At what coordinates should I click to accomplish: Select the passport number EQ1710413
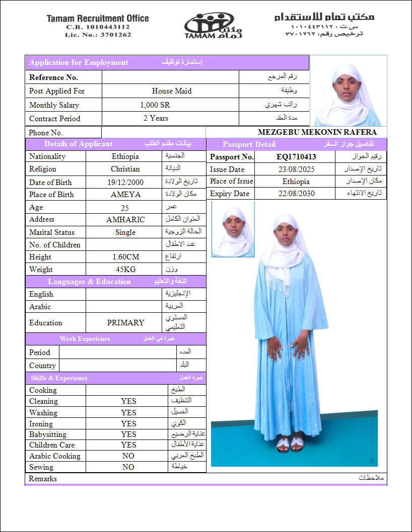tap(296, 157)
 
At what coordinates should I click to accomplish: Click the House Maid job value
tap(172, 91)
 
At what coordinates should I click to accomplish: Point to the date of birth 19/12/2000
tap(125, 183)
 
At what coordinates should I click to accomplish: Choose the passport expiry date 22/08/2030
tap(296, 194)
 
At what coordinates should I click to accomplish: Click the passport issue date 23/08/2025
tap(296, 169)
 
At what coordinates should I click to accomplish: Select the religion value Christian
tap(125, 169)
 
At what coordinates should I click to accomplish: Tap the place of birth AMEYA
tap(125, 195)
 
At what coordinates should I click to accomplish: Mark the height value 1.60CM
tap(125, 257)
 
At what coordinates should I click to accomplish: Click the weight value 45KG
tap(125, 270)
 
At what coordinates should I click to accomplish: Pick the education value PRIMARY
tap(125, 323)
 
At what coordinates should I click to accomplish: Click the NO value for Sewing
tap(128, 467)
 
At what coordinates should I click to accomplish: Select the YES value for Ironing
tap(128, 424)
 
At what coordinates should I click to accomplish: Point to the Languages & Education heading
tap(89, 282)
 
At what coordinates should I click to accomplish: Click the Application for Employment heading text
tap(79, 62)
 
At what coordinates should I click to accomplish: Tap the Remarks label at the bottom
tap(43, 479)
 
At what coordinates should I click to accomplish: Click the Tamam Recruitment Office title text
tap(98, 19)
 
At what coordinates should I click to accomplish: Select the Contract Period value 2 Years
tap(156, 118)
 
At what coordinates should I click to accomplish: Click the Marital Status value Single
tap(125, 232)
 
